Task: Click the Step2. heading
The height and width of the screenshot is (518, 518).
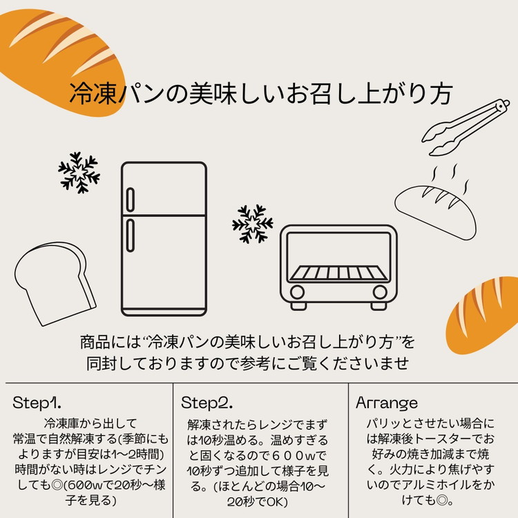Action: click(207, 403)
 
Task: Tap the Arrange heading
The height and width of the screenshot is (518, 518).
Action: click(387, 403)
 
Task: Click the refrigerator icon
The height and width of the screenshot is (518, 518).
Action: click(164, 239)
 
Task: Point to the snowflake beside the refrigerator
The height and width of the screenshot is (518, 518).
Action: click(79, 172)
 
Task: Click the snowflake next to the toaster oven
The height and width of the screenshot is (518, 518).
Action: click(252, 224)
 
